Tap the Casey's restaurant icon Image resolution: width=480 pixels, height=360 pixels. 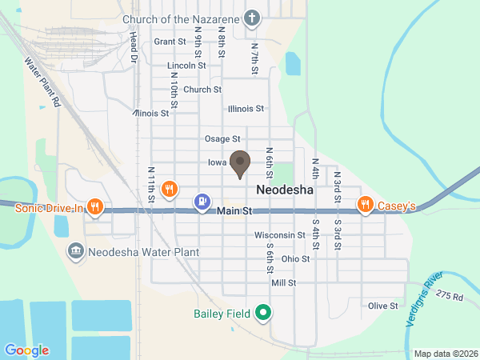[365, 205]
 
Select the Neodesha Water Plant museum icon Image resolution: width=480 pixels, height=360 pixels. [75, 251]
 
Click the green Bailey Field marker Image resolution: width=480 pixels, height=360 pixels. [262, 313]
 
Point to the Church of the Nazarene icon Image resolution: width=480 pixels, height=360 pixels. [253, 18]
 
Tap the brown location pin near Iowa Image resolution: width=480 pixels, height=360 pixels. [239, 163]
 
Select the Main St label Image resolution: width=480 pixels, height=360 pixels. [234, 211]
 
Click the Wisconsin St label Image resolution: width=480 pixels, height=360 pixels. [280, 235]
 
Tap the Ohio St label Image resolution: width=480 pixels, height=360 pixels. [295, 258]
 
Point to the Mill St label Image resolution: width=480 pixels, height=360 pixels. [284, 282]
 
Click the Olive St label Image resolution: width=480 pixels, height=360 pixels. [383, 306]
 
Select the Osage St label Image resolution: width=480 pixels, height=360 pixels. [222, 139]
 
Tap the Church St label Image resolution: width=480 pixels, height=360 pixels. [202, 90]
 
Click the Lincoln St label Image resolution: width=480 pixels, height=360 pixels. [186, 66]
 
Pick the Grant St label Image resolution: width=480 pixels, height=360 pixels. [170, 42]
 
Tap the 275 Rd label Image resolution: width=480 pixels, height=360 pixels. [450, 295]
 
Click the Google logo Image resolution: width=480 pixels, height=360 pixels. [26, 350]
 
